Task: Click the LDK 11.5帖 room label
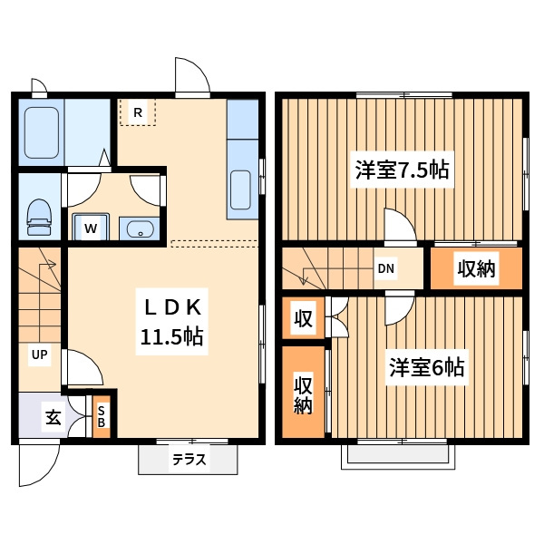click(x=171, y=322)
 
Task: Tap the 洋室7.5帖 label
click(x=402, y=170)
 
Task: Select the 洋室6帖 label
click(x=426, y=367)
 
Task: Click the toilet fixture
click(x=38, y=218)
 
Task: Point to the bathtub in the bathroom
click(x=42, y=132)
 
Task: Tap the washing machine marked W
click(x=91, y=227)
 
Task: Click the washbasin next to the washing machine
click(x=140, y=228)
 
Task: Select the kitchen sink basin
click(x=241, y=189)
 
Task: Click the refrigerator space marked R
click(x=138, y=112)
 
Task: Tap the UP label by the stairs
click(x=39, y=355)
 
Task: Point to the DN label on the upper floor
click(x=386, y=268)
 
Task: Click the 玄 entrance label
click(x=53, y=417)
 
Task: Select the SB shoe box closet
click(x=102, y=417)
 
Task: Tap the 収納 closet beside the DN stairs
click(x=476, y=268)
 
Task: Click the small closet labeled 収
click(x=303, y=318)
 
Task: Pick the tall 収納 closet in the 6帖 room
click(x=303, y=393)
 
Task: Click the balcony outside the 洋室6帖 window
click(x=398, y=457)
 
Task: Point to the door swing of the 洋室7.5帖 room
click(x=400, y=225)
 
